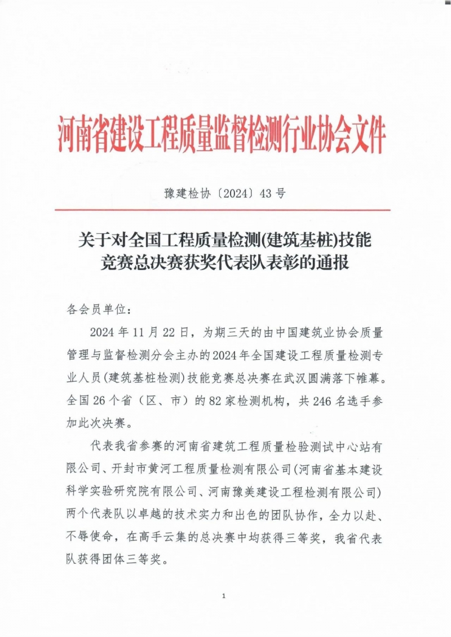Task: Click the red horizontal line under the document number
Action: (223, 210)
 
